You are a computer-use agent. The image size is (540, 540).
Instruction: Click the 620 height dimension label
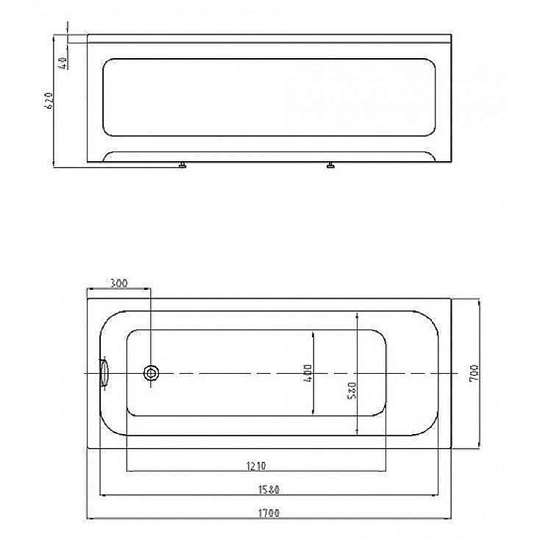click(49, 101)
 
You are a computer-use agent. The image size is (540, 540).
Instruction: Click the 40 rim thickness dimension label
click(63, 63)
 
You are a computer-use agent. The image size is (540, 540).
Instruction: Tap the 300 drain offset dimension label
click(118, 283)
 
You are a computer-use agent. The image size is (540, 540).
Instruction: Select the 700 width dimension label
click(474, 373)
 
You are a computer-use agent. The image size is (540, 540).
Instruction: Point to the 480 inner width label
click(308, 373)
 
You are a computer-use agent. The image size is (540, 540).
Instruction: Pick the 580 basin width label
click(352, 391)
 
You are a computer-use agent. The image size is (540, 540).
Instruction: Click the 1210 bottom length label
click(256, 466)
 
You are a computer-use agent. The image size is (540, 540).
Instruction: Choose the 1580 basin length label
click(269, 489)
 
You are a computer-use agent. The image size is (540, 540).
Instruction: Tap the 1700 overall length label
click(269, 513)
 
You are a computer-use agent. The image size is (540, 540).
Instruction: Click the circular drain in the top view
click(151, 373)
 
